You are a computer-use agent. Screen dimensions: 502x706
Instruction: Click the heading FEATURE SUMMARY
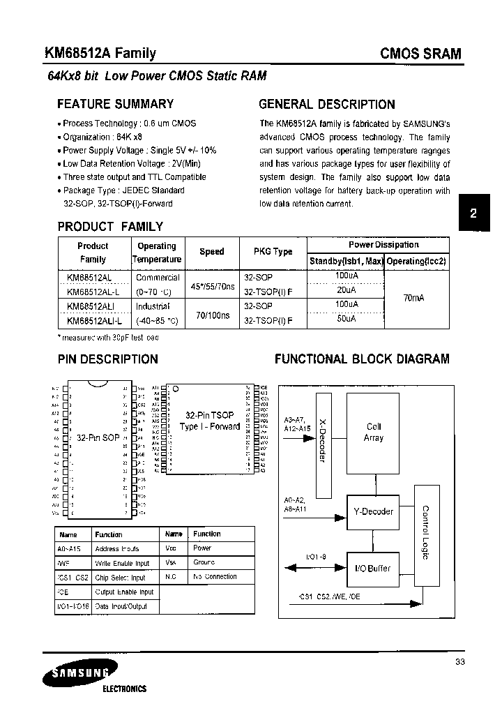click(115, 104)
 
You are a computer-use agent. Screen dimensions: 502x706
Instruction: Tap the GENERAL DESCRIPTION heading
click(326, 104)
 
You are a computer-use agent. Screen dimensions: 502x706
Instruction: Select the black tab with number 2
click(473, 214)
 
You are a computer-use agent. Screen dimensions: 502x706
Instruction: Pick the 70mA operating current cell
click(414, 298)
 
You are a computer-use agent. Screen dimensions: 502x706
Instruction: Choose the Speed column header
click(212, 252)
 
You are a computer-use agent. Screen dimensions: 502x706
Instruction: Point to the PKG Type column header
click(268, 252)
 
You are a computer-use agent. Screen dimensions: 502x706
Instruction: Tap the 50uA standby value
click(346, 319)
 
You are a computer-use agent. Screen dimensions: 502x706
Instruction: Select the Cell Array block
click(374, 433)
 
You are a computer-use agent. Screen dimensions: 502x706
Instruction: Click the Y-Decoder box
click(374, 511)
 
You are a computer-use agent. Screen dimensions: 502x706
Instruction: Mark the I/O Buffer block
click(374, 569)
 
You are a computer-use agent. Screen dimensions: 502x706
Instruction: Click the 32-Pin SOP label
click(98, 438)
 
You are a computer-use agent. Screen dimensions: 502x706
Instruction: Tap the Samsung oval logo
click(75, 675)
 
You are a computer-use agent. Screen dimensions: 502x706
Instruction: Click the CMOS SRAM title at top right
click(421, 54)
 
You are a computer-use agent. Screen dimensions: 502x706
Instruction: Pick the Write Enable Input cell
click(122, 563)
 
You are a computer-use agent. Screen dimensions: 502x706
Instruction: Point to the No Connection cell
click(215, 577)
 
